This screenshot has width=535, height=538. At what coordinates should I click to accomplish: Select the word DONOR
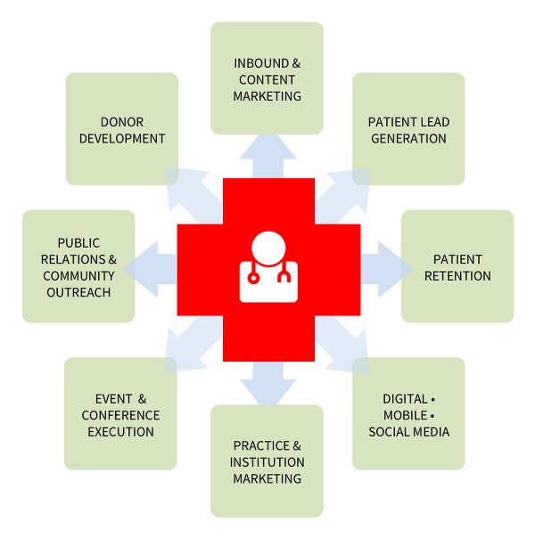(x=122, y=122)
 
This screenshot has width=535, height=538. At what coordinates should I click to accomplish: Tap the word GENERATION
(x=408, y=139)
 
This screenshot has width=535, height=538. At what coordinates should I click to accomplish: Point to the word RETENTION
(x=457, y=276)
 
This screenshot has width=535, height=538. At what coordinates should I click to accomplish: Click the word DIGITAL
(x=405, y=399)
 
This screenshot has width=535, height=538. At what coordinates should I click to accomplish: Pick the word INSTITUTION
(x=267, y=462)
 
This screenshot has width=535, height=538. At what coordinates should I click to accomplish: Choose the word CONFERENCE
(x=120, y=415)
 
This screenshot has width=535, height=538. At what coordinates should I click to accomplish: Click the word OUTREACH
(x=78, y=292)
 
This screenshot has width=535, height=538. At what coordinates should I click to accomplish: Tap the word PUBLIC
(x=78, y=243)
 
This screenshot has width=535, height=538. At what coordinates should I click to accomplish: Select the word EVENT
(x=113, y=399)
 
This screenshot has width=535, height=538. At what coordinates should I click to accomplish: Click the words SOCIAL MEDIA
(x=408, y=432)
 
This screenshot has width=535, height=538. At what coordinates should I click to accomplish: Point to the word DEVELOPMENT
(x=122, y=139)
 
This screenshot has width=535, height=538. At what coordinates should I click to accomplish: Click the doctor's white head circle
(x=268, y=249)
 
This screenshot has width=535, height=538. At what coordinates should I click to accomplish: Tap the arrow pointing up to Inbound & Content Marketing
(x=267, y=156)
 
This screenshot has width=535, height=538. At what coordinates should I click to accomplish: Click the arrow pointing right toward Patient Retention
(x=387, y=269)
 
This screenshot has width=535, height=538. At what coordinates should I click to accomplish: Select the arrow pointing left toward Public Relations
(x=150, y=269)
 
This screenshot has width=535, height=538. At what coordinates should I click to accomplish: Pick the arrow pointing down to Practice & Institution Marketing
(x=267, y=383)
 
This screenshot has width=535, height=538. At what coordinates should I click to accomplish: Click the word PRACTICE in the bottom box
(x=261, y=445)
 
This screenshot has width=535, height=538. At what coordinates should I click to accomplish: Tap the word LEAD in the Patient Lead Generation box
(x=435, y=122)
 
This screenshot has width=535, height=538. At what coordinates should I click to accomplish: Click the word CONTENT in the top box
(x=267, y=80)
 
